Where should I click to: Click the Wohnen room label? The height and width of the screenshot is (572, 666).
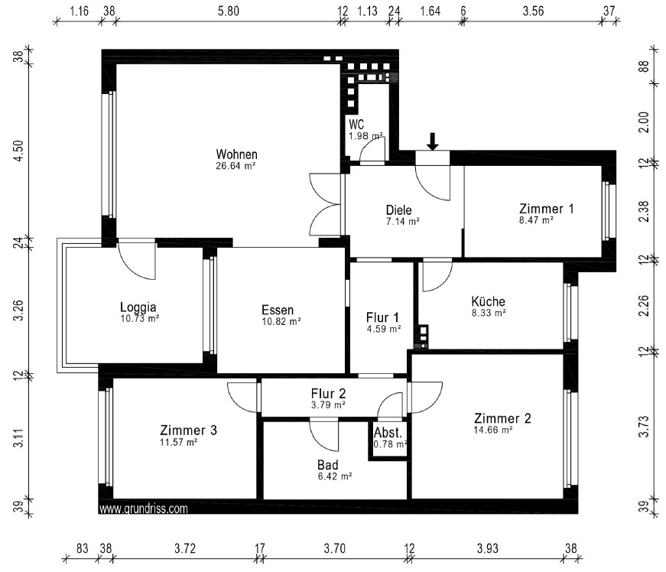[236, 154]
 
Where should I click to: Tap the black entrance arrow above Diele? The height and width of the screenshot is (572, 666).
[432, 141]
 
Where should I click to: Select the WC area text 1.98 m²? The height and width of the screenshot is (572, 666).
[365, 136]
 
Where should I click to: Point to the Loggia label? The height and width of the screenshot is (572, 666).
[138, 307]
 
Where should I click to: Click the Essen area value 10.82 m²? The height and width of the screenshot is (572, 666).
[281, 321]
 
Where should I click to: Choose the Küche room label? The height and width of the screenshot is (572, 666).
[488, 301]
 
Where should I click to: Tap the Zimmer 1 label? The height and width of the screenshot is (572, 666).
[546, 209]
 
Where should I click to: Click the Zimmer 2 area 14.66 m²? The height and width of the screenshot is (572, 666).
[493, 430]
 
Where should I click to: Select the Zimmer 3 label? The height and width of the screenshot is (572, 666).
[188, 431]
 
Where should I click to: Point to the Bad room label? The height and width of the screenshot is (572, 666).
[328, 465]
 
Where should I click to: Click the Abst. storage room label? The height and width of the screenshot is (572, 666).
[388, 433]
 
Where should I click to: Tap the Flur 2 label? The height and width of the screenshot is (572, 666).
[328, 394]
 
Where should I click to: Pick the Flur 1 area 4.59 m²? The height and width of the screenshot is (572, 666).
[384, 329]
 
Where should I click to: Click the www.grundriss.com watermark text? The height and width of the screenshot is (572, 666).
[143, 509]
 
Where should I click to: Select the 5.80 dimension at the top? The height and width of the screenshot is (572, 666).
[229, 11]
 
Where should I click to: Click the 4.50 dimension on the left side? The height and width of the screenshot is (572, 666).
[18, 151]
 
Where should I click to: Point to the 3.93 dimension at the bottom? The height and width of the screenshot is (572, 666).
[487, 548]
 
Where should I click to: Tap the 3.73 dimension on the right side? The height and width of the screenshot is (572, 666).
[645, 427]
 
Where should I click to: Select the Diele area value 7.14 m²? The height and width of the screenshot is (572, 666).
[403, 221]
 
